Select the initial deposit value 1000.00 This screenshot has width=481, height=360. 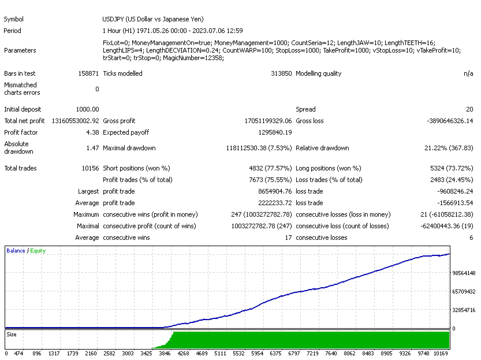(x=87, y=109)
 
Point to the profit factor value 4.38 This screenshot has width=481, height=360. (x=92, y=132)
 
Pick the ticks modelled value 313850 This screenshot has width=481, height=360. (x=281, y=73)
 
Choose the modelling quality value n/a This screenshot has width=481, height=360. (x=468, y=73)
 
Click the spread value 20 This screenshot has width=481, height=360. (x=469, y=109)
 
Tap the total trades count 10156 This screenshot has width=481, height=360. (x=88, y=168)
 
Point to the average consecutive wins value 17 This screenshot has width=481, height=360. (x=288, y=237)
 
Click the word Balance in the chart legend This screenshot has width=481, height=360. (x=16, y=251)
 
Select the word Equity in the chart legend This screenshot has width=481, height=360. (x=38, y=251)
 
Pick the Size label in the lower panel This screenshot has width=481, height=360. (x=12, y=334)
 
